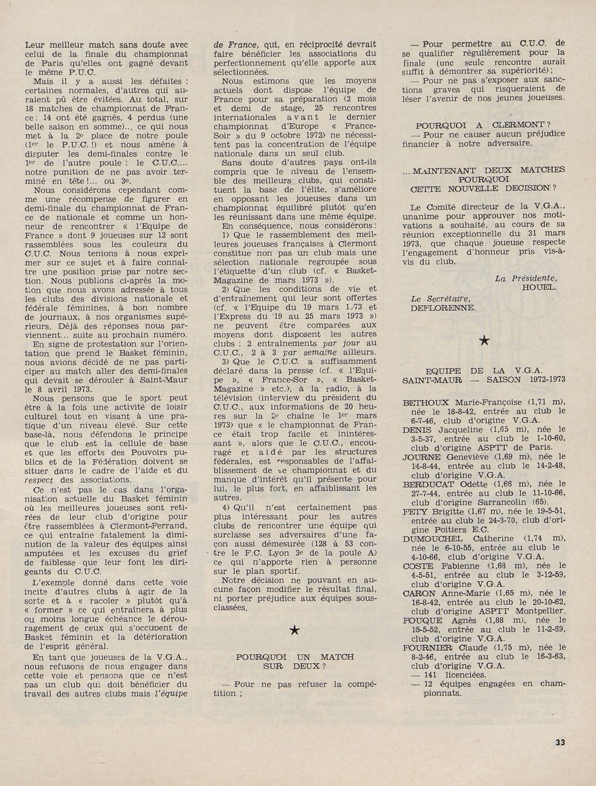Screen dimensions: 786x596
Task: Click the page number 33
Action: click(x=560, y=741)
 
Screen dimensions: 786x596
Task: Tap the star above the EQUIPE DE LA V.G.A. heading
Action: click(x=484, y=341)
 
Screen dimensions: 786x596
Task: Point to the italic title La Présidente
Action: click(x=526, y=278)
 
